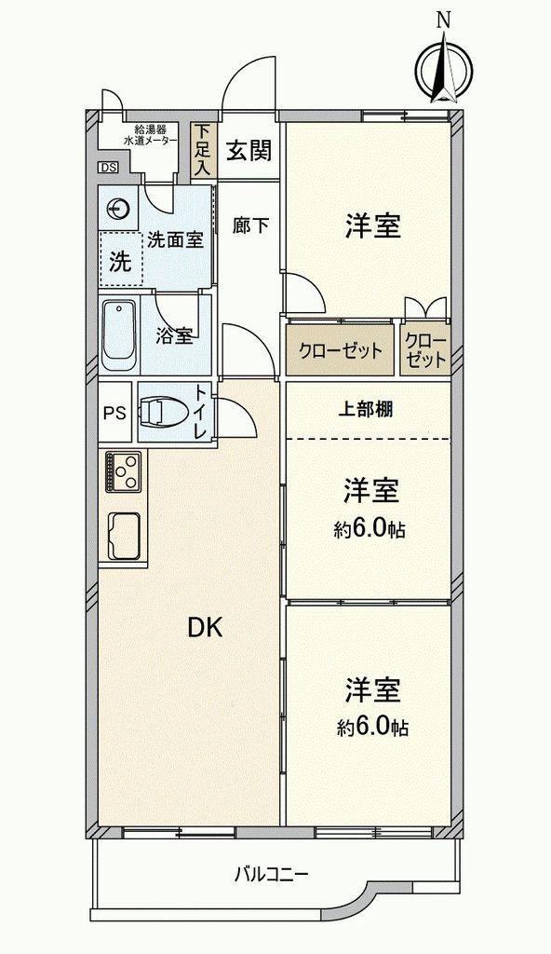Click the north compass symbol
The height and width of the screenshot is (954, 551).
[x=446, y=67]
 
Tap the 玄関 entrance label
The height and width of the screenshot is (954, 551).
[x=249, y=150]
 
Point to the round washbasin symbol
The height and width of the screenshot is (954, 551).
[x=118, y=210]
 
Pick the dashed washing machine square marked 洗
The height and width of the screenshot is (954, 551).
[x=120, y=259]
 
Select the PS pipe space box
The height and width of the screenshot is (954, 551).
[x=114, y=412]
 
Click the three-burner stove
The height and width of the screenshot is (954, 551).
[x=124, y=470]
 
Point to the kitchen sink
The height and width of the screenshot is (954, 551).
[x=124, y=535]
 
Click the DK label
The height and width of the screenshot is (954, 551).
[x=205, y=627]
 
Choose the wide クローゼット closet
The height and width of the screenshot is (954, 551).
[x=340, y=350]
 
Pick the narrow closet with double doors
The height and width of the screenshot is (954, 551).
[x=425, y=350]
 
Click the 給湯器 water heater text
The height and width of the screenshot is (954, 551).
[x=150, y=129]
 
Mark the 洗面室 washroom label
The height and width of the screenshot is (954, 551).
[x=175, y=240]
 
